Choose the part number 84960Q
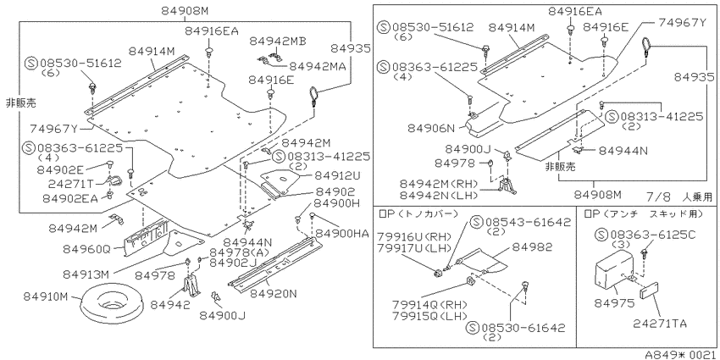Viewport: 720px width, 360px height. (87, 249)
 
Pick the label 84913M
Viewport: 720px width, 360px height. (86, 274)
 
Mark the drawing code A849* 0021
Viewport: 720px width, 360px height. (681, 354)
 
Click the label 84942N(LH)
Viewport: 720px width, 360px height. (439, 195)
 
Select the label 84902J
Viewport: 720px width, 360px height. (233, 263)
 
